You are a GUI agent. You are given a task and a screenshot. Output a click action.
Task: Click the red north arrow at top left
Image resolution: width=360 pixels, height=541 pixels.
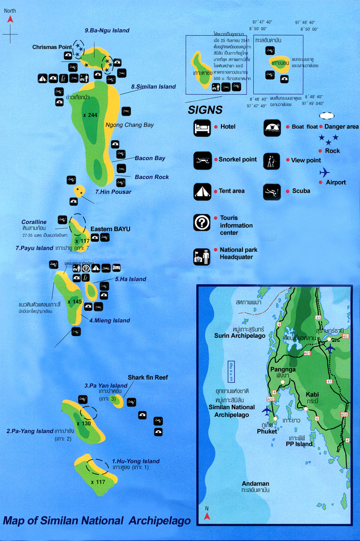coord(10,19)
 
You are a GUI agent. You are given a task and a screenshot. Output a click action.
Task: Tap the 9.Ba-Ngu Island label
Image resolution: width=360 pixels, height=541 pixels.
coord(107,31)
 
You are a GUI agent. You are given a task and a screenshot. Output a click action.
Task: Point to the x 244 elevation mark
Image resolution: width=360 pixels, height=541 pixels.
coord(90,115)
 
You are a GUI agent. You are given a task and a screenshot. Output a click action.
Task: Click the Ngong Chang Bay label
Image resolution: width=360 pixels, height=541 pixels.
coord(129,125)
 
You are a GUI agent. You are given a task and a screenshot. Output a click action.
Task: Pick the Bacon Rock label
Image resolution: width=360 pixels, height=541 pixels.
coord(152,177)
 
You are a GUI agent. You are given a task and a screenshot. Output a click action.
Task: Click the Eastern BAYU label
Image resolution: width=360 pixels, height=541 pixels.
coord(110,229)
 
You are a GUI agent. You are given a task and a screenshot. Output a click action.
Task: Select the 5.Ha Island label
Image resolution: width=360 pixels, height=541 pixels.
coord(130,279)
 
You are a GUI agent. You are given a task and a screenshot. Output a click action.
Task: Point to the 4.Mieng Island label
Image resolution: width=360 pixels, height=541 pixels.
coord(109,321)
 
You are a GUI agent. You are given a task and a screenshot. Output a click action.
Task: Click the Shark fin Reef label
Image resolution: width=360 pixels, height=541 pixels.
coord(148,377)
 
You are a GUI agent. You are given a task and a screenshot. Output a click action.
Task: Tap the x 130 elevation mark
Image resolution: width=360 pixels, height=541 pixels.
coord(84,423)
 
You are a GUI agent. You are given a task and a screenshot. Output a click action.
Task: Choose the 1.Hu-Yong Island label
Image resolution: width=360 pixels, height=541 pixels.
coord(136,461)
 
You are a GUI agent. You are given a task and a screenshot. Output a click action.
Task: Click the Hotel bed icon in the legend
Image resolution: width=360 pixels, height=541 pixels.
coord(201,127)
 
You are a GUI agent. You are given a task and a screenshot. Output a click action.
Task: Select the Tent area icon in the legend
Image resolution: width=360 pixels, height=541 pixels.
coord(201,191)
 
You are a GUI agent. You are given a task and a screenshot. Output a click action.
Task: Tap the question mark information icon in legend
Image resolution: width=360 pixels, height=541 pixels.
coord(201,222)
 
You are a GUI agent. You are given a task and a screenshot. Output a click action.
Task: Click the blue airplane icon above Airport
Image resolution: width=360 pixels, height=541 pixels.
coord(324,172)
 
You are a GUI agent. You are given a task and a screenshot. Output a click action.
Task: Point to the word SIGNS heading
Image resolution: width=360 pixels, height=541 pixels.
coord(205,109)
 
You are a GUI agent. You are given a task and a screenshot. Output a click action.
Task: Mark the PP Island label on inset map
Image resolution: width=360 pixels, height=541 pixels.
coord(299,444)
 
